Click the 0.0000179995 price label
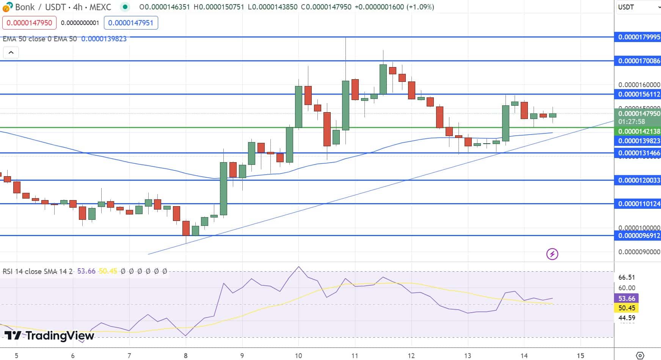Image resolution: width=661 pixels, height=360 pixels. pyautogui.click(x=639, y=37)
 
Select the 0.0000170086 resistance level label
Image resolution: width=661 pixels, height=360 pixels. pyautogui.click(x=639, y=61)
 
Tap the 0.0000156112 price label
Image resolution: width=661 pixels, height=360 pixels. pyautogui.click(x=639, y=94)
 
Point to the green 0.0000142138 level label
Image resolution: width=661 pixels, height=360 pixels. pyautogui.click(x=639, y=131)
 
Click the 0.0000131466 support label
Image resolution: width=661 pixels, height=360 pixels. pyautogui.click(x=639, y=153)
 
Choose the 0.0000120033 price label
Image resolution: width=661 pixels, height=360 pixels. pyautogui.click(x=639, y=180)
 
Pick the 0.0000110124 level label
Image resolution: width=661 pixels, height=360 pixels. pyautogui.click(x=639, y=204)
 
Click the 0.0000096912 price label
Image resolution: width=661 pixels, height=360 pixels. pyautogui.click(x=639, y=236)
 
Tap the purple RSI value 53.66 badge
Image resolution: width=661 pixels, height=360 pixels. pyautogui.click(x=626, y=299)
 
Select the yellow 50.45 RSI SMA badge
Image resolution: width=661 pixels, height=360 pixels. pyautogui.click(x=626, y=308)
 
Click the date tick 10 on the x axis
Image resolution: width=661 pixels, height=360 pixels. pyautogui.click(x=298, y=355)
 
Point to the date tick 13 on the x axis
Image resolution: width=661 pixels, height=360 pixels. pyautogui.click(x=468, y=355)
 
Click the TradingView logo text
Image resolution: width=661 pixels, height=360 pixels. pyautogui.click(x=49, y=336)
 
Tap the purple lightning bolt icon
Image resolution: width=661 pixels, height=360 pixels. pyautogui.click(x=552, y=254)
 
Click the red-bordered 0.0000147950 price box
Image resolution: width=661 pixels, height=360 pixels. pyautogui.click(x=29, y=23)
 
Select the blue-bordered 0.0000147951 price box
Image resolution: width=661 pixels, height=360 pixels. pyautogui.click(x=131, y=23)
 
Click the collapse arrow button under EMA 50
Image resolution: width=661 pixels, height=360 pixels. pyautogui.click(x=11, y=53)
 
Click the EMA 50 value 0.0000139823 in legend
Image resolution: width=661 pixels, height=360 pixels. pyautogui.click(x=104, y=39)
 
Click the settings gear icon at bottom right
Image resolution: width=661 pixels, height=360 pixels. pyautogui.click(x=640, y=355)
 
